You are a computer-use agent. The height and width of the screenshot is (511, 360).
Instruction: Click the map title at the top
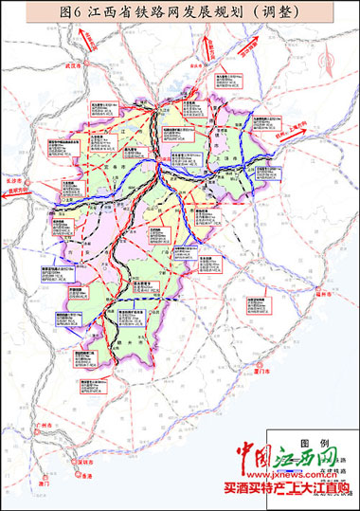tap(181, 12)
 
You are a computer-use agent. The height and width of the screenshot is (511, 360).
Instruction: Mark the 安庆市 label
tap(198, 68)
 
